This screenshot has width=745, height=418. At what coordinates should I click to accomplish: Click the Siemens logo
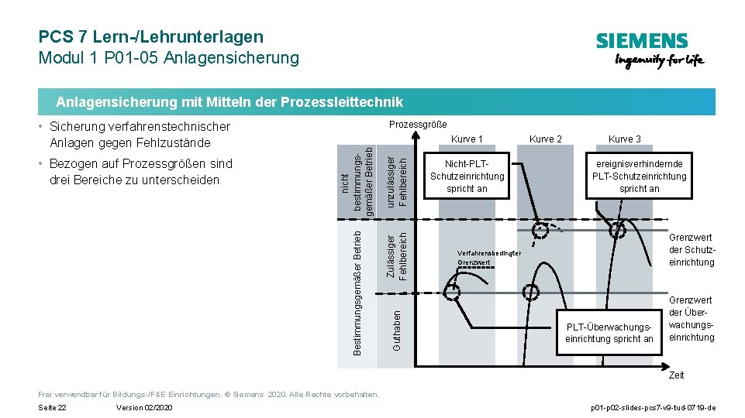click(641, 40)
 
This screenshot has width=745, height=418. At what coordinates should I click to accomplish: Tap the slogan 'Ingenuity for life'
click(659, 61)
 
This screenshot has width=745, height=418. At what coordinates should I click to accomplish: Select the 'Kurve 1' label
click(467, 139)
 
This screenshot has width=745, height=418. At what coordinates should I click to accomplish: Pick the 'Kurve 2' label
click(545, 139)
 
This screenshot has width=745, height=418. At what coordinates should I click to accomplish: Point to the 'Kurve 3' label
click(624, 139)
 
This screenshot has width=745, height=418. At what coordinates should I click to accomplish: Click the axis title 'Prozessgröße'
click(418, 125)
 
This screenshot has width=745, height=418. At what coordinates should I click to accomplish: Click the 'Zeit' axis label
click(676, 375)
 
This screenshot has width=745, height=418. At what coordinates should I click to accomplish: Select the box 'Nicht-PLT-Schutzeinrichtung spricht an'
click(467, 176)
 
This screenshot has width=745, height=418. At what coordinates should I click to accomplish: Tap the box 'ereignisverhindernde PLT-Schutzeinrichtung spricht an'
click(640, 176)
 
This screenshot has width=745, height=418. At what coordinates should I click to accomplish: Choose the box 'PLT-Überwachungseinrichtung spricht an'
click(609, 333)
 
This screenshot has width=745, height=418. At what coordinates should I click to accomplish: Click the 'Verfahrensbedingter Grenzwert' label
click(489, 259)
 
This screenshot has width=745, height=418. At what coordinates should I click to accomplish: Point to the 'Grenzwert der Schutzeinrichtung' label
click(692, 251)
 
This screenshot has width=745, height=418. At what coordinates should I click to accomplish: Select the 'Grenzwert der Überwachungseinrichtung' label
click(692, 319)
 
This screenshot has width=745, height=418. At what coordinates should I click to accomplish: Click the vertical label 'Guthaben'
click(397, 330)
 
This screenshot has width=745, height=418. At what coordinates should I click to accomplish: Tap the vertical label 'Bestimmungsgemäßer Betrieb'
click(357, 292)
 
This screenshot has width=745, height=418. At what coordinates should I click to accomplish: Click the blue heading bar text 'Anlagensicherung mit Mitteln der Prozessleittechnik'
click(229, 102)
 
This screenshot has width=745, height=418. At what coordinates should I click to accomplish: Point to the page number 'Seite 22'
click(52, 407)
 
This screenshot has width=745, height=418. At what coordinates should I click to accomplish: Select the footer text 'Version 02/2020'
click(143, 407)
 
